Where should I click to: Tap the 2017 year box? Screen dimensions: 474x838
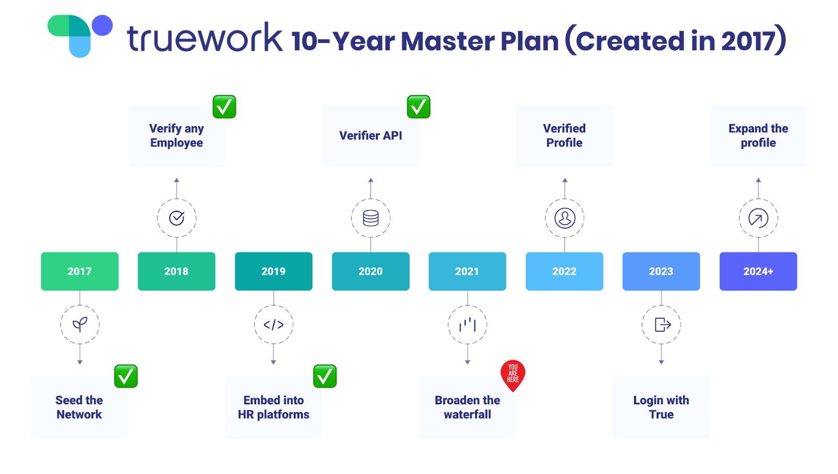[x=80, y=271]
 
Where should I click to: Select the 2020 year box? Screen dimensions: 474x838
[x=370, y=271]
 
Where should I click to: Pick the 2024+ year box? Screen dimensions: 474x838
[x=758, y=271]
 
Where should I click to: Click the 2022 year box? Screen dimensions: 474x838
[x=564, y=271]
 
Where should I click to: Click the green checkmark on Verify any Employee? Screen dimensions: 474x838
[x=224, y=107]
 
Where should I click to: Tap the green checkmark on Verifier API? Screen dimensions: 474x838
[x=418, y=107]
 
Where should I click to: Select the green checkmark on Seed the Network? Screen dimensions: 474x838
[x=126, y=376]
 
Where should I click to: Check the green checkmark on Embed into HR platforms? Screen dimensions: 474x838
[x=325, y=376]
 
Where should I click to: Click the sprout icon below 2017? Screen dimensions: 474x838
[x=80, y=325]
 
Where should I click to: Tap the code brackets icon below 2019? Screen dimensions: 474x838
[x=273, y=325]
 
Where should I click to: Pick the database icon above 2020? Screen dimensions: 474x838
[x=371, y=218]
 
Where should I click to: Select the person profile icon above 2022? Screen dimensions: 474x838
[x=565, y=218]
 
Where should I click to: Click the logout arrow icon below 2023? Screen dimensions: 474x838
[x=662, y=325]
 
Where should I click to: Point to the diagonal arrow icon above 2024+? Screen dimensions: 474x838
[x=758, y=218]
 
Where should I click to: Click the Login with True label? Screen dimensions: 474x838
[x=661, y=407]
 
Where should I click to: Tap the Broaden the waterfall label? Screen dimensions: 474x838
[x=467, y=407]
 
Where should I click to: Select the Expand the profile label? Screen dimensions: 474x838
[x=758, y=136]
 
